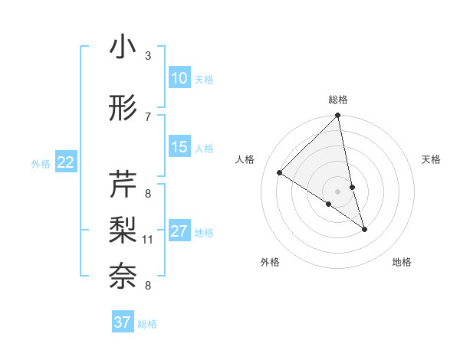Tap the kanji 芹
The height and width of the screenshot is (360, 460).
point(123,184)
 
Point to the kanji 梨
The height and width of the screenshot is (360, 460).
point(123,230)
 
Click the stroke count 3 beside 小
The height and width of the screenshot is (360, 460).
point(147,56)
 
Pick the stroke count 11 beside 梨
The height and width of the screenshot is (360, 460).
point(147,240)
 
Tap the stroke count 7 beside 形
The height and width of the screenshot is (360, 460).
point(147,116)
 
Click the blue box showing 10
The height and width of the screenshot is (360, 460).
point(179,78)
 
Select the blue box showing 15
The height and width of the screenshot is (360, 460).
point(179,147)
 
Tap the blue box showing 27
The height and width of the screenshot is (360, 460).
point(179,231)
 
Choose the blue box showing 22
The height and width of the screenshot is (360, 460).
point(66,162)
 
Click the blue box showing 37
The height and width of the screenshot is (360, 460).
point(123,322)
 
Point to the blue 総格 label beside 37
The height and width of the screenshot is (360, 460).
point(147,324)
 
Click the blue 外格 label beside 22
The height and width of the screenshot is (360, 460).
point(41,163)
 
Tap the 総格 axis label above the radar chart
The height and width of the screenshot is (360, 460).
point(338,100)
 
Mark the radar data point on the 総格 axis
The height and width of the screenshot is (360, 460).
point(338,116)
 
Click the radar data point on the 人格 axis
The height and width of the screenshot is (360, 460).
point(280,173)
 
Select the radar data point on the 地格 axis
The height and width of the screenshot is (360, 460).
point(364,229)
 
